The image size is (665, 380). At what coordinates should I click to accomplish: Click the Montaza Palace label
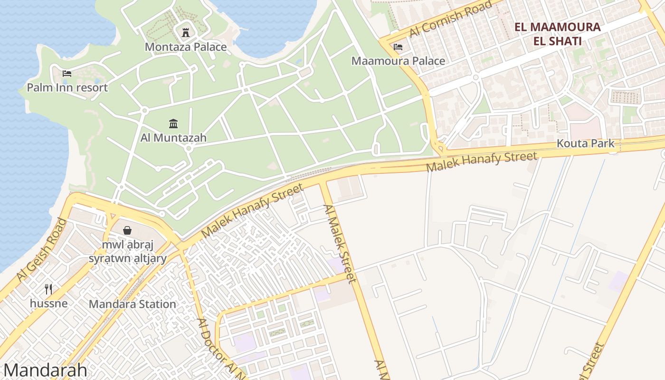(185, 47)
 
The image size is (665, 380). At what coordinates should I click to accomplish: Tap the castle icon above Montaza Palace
(186, 33)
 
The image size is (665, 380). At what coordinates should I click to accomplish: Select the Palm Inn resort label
(67, 87)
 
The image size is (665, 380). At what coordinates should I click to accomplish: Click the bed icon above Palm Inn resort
(67, 74)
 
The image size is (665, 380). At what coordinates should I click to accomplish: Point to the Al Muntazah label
(173, 138)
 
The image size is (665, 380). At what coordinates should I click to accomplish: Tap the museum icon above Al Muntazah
(173, 123)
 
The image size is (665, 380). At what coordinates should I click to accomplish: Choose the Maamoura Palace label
(398, 61)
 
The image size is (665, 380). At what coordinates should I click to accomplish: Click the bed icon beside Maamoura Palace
(398, 47)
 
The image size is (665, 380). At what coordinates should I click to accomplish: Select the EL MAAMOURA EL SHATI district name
(557, 34)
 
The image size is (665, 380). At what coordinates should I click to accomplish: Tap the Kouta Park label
(585, 143)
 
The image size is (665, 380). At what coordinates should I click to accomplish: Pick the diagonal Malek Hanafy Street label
(252, 211)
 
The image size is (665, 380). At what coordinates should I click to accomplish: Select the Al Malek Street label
(340, 244)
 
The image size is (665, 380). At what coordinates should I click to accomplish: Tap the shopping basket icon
(127, 231)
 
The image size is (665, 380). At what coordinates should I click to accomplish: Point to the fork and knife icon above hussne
(48, 289)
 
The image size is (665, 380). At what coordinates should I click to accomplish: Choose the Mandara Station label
(132, 304)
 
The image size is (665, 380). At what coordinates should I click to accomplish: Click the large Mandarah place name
(45, 370)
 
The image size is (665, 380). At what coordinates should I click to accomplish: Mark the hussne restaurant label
(48, 303)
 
